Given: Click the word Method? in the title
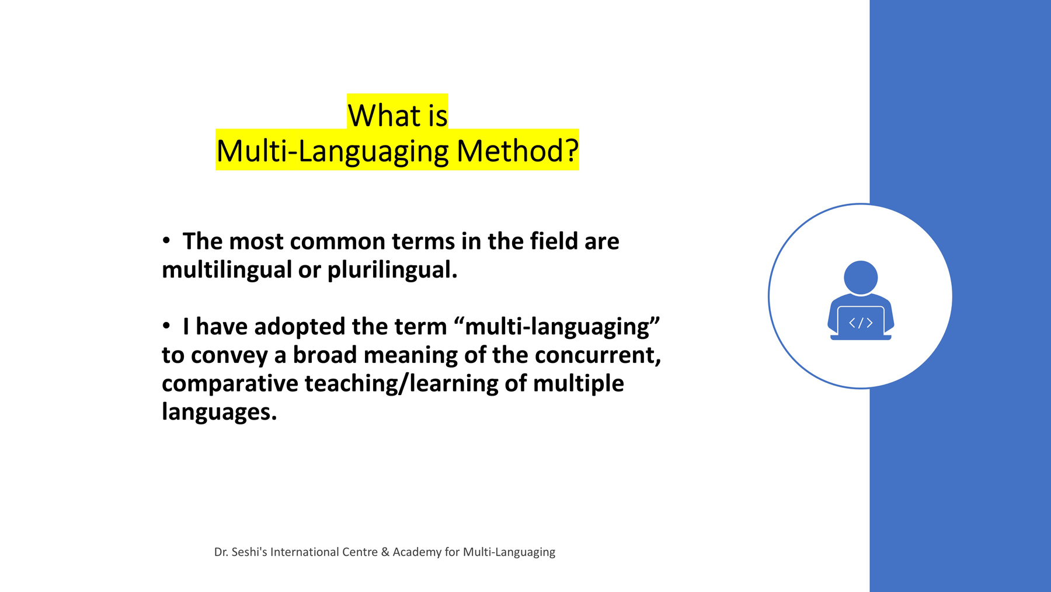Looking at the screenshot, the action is point(517,151).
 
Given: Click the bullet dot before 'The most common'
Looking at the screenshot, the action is point(166,240).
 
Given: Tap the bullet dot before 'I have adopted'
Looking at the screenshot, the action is point(166,325).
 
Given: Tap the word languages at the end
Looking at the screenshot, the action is point(219,412).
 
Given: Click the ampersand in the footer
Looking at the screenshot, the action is point(385,552).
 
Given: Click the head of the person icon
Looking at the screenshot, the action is point(861,278).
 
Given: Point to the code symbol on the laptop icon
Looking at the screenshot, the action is point(861,323).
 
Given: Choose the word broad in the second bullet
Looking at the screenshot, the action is point(325,355).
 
